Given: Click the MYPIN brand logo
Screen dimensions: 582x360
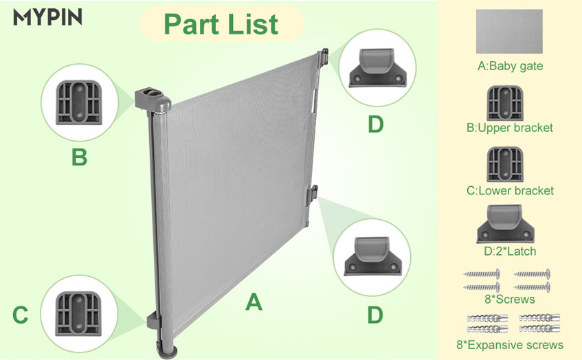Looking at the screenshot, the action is point(47,17).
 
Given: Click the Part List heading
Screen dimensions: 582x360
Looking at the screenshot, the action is point(221,25).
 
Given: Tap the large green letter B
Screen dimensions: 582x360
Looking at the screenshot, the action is point(80,157).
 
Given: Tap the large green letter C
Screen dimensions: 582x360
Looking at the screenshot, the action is point(21,315).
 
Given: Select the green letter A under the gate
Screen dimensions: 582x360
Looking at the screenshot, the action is point(254,302).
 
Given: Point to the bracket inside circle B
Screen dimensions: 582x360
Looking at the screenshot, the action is point(79,102).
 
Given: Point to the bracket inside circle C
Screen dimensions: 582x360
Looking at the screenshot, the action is point(78,313).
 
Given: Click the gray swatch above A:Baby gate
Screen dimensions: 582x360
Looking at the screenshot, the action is point(509,32).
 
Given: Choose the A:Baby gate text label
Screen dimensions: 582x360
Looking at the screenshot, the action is point(510,66).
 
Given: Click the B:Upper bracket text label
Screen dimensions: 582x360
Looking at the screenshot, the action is point(510,128).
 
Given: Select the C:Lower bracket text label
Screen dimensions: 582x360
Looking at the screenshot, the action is point(510,191).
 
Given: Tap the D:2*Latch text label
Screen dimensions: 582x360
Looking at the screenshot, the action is point(510,251).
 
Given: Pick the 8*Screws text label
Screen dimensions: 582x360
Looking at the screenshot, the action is point(510,299).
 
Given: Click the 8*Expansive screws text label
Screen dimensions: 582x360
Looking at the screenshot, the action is point(510,345).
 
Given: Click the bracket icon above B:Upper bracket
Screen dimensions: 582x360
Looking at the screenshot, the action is point(505,103).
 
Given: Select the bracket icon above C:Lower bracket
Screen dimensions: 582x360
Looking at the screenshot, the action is point(505,164).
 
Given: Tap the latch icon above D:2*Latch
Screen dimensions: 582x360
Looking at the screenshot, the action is point(506,224).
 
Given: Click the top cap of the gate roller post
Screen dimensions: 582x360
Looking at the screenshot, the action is point(153,99).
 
